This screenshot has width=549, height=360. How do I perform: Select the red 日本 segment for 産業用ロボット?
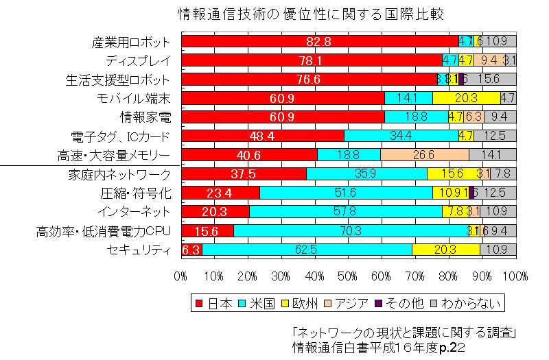click(320, 41)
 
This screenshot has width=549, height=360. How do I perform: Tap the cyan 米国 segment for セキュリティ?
click(307, 250)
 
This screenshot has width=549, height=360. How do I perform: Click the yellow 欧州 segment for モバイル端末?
click(466, 98)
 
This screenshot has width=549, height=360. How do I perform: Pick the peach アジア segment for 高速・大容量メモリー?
click(425, 155)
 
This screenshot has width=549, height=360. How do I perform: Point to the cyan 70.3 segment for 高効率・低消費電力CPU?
click(351, 231)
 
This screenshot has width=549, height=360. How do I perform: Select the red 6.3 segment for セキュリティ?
click(191, 250)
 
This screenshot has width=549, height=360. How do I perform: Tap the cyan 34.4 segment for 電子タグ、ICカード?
click(401, 136)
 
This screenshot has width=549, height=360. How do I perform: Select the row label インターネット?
click(134, 212)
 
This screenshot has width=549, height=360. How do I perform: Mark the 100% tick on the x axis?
click(515, 276)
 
